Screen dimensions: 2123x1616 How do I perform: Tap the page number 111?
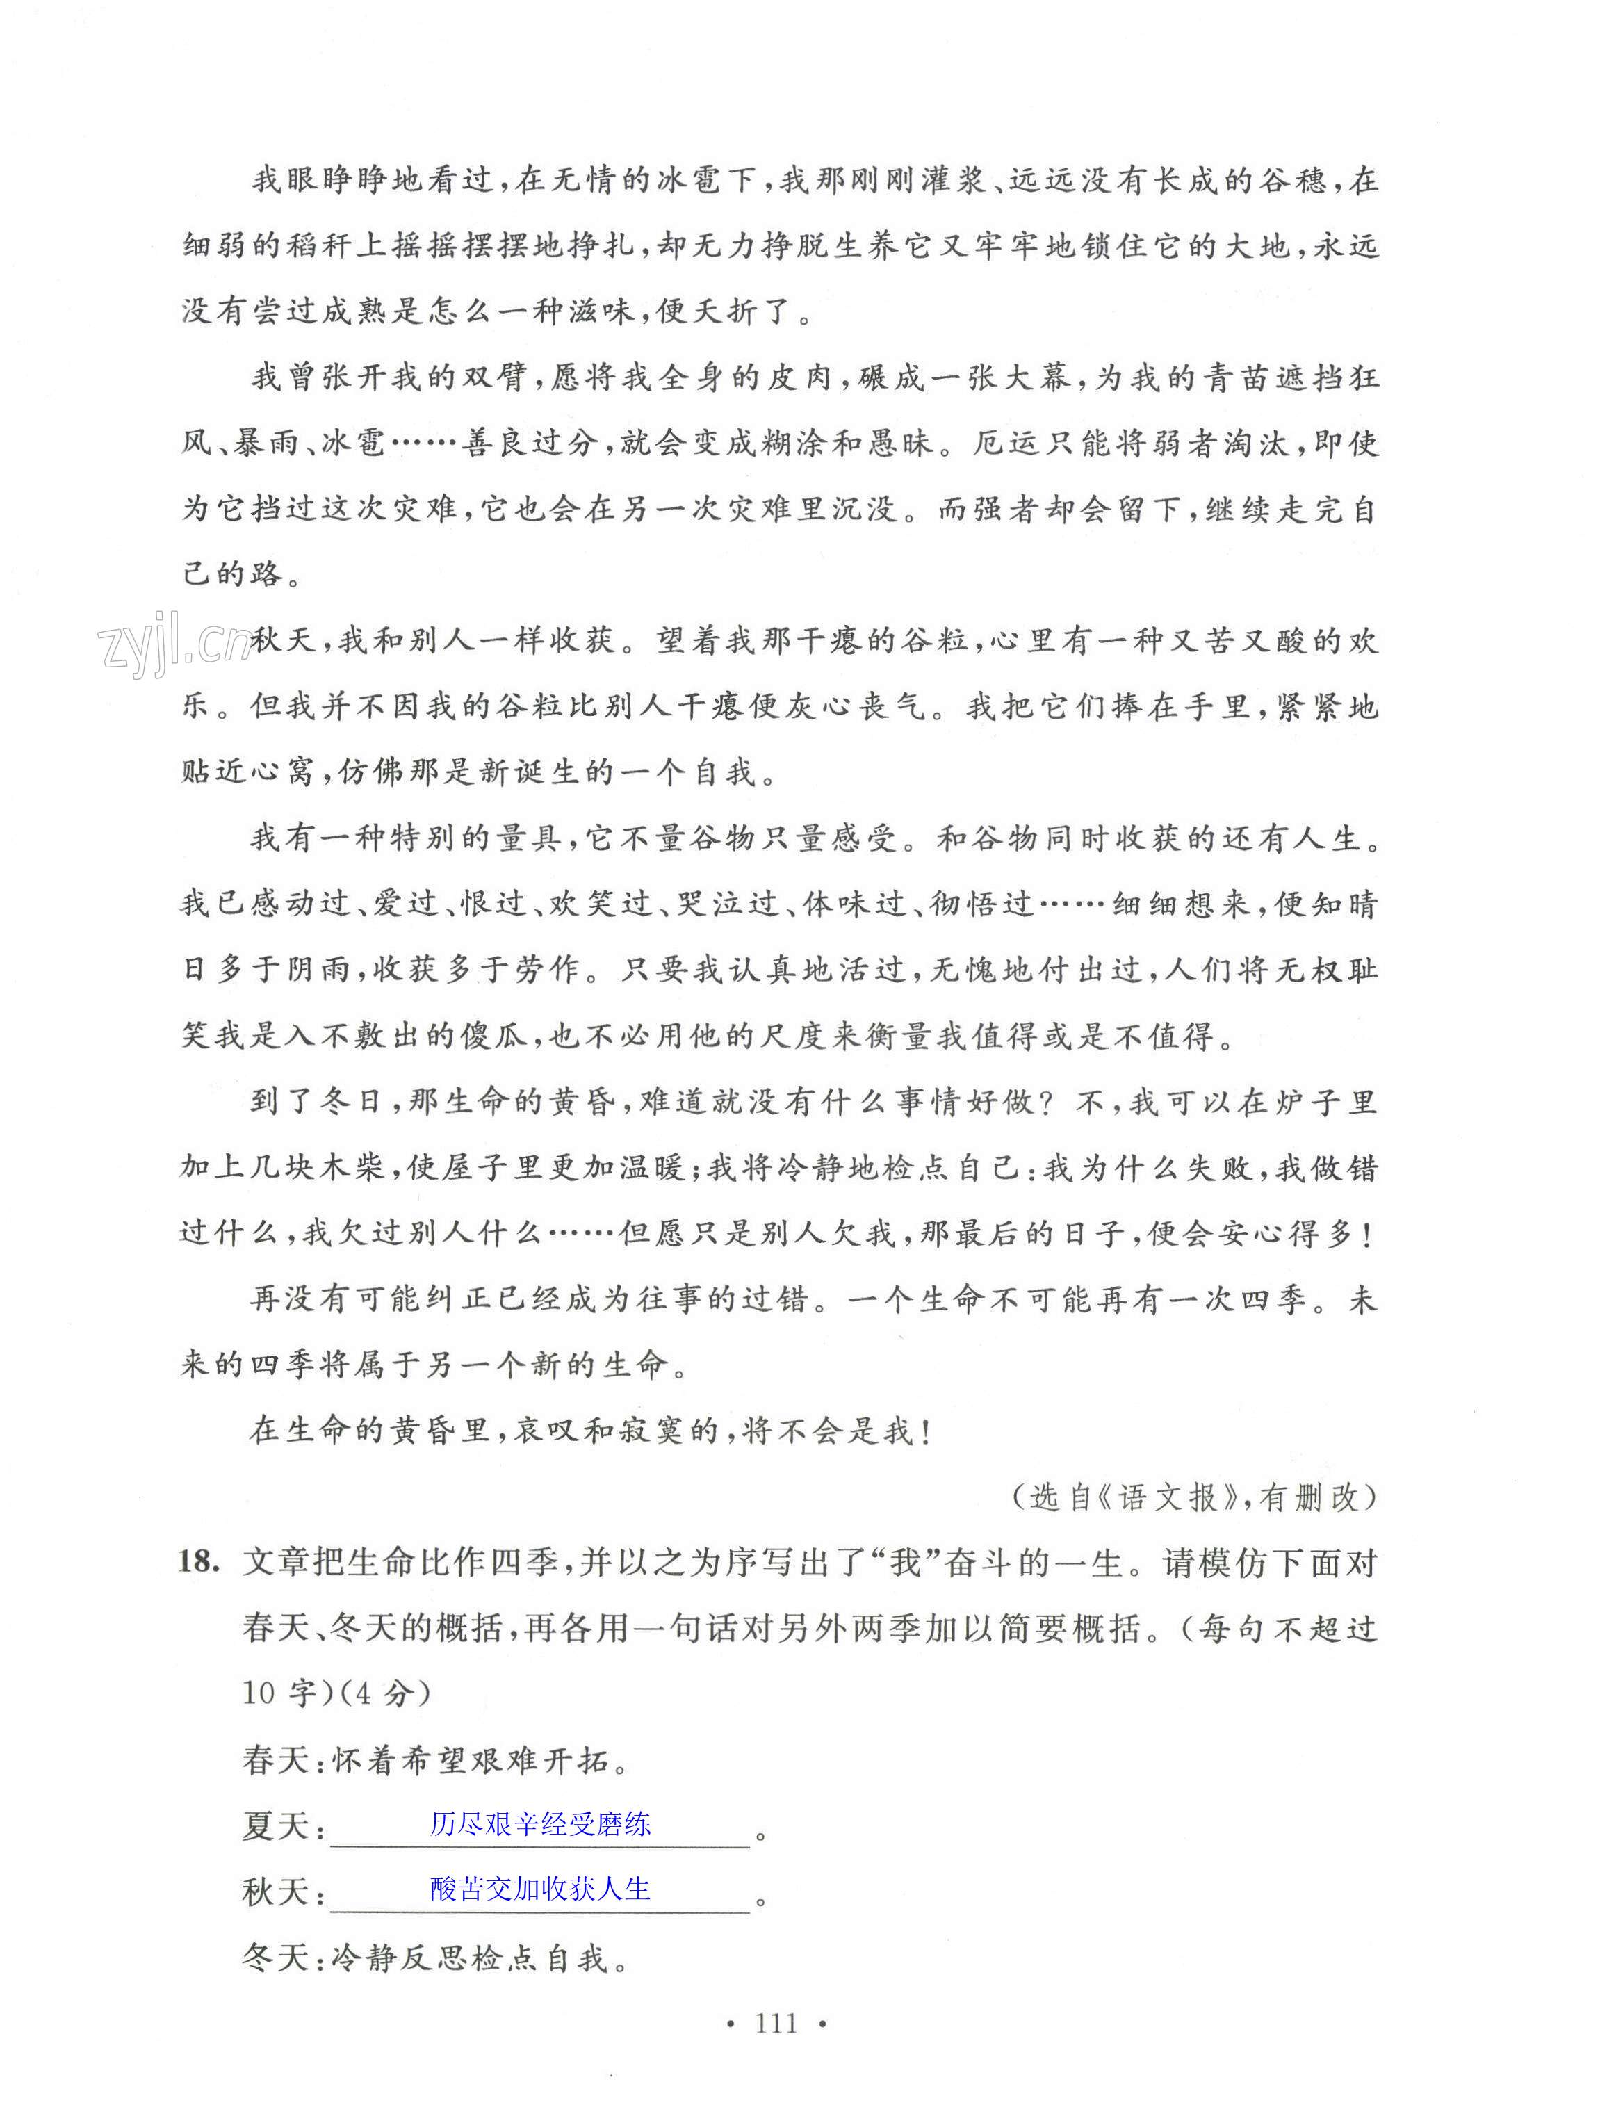(776, 2023)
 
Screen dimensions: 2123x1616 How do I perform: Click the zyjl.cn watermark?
(173, 641)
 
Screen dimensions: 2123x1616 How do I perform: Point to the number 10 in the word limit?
(260, 1693)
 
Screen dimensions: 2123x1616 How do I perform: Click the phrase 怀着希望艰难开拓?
(471, 1760)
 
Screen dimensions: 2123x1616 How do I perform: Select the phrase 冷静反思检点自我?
(471, 1958)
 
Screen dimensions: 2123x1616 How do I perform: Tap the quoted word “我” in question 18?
(906, 1562)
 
